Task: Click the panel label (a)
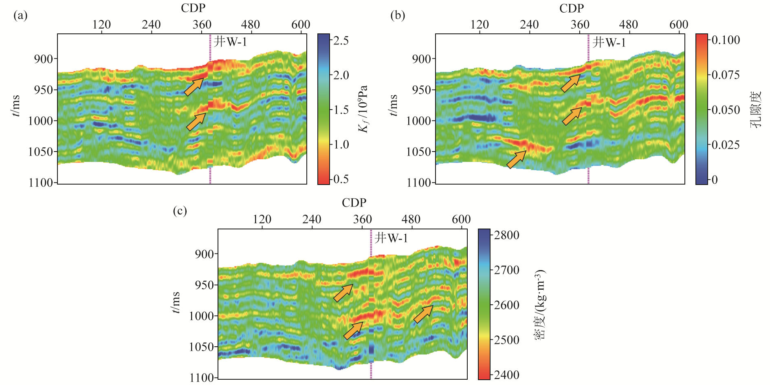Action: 20,15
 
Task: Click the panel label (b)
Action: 398,15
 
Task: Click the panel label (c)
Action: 180,211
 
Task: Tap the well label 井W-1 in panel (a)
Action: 230,42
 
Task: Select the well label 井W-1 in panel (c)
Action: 391,238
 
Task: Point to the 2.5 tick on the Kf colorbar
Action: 341,40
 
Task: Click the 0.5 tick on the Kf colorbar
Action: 341,179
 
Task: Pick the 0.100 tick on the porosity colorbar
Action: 725,40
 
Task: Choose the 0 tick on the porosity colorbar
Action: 715,180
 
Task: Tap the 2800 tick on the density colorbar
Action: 506,235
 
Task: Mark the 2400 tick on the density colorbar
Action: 506,375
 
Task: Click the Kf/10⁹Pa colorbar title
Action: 363,109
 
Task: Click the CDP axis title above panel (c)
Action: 354,202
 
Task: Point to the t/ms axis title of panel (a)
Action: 15,106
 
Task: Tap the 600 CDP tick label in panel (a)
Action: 300,25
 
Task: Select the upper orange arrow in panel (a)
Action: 194,86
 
